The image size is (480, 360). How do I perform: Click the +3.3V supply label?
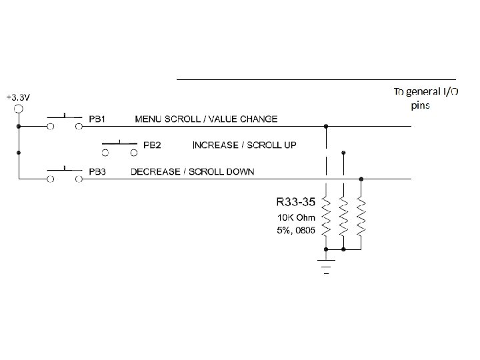[17, 97]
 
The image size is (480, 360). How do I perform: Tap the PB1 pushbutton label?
[99, 119]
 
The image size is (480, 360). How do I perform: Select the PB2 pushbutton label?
[153, 145]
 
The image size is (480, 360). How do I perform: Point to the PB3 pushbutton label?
[99, 172]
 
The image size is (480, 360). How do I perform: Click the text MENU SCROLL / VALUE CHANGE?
[207, 119]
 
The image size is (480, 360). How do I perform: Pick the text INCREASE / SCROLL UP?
[245, 145]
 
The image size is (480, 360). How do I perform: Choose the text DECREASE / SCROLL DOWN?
[192, 172]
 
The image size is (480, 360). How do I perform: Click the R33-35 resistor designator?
[295, 201]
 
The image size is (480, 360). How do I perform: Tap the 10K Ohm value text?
[296, 217]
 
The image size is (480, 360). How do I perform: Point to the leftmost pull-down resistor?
[326, 216]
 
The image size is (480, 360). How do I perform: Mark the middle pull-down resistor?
[343, 216]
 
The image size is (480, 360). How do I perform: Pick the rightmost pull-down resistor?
[361, 216]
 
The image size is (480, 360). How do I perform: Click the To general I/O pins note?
[425, 98]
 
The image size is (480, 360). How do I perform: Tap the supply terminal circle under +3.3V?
[19, 109]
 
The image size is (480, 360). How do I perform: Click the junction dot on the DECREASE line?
[361, 179]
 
